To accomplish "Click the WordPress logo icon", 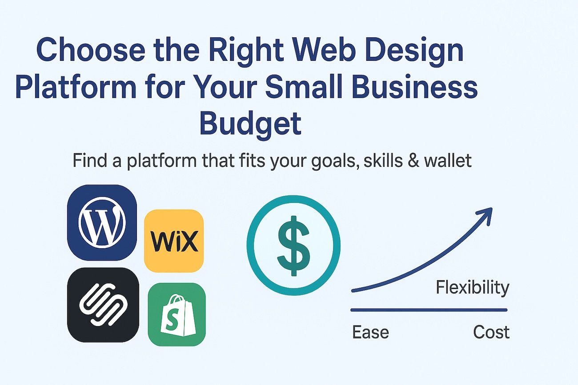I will (x=102, y=222).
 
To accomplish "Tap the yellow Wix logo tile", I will (x=174, y=241).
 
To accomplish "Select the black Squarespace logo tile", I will (x=103, y=305).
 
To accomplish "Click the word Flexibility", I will (x=472, y=288).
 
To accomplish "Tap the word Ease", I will (x=370, y=332).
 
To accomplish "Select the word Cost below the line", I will (x=491, y=332).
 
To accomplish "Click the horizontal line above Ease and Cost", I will (x=429, y=310).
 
